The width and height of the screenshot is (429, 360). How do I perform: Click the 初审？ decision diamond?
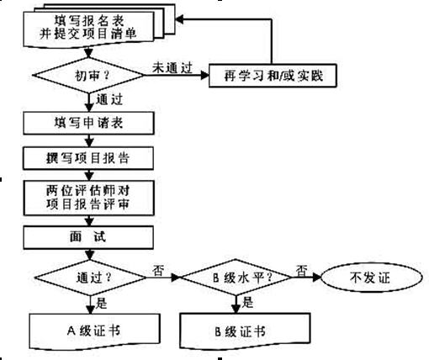[88, 75]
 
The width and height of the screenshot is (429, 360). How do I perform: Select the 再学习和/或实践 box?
[273, 76]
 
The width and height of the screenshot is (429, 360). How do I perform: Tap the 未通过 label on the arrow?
[172, 68]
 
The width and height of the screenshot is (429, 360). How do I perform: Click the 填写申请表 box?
[88, 123]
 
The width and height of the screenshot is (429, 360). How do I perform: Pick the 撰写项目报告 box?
[88, 158]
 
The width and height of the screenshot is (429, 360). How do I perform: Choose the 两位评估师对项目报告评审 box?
[89, 198]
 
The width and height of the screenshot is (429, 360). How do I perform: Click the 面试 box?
[88, 237]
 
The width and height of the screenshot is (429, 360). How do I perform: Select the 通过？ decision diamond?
[90, 278]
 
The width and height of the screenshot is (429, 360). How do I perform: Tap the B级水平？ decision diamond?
[236, 278]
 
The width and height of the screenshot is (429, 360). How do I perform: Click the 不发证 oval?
[371, 278]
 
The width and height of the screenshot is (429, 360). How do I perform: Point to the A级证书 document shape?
[95, 331]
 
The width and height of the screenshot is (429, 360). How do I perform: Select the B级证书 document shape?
[245, 331]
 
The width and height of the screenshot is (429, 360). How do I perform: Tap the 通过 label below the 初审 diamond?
[109, 99]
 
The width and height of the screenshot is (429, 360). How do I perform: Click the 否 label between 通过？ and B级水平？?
[158, 271]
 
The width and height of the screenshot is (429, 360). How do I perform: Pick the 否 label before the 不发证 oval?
[302, 271]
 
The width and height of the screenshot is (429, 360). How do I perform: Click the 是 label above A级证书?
[101, 303]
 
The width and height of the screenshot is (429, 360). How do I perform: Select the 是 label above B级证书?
[247, 302]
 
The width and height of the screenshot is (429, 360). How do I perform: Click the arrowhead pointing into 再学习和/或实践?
[205, 75]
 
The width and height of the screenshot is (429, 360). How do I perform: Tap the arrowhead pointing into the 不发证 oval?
[317, 278]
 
